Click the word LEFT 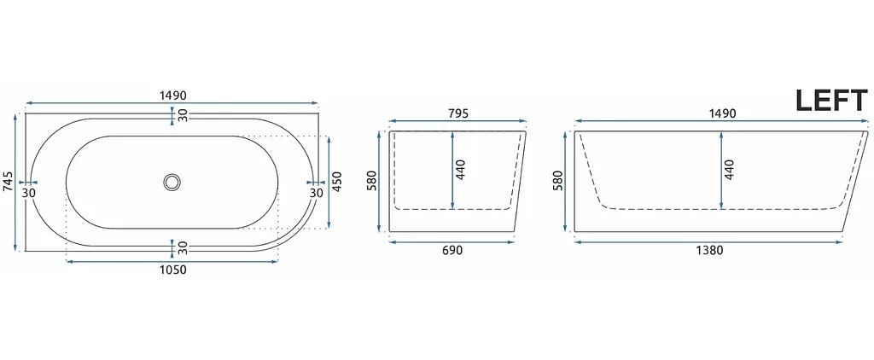point(831,101)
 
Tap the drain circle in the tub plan point(172,182)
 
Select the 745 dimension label point(8,182)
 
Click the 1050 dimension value point(172,270)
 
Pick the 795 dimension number point(457,113)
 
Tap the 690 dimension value point(452,251)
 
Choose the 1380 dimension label point(709,251)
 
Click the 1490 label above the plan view point(172,96)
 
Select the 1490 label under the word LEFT point(722,113)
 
